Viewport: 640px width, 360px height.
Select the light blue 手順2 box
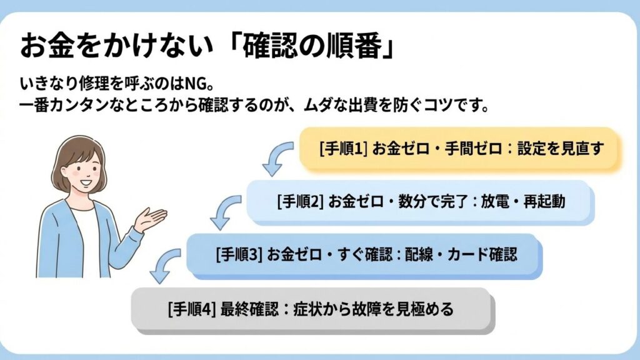click(x=420, y=202)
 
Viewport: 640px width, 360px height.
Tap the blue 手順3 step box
click(x=364, y=255)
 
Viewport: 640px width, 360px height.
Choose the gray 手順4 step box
click(x=311, y=309)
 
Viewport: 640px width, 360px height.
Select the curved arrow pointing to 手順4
click(x=164, y=265)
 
